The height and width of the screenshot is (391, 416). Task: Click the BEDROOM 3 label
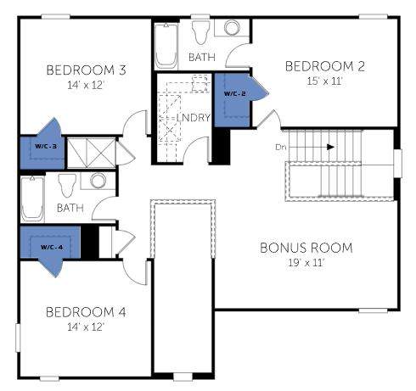[x=86, y=70]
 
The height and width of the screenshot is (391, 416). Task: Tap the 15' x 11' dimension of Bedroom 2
[x=325, y=81]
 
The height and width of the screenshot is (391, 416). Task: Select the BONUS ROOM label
[x=306, y=248]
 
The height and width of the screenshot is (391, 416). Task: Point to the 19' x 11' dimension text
[x=306, y=263]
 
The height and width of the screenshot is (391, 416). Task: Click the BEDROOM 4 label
[x=86, y=312]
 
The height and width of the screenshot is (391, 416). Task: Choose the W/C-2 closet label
[x=234, y=93]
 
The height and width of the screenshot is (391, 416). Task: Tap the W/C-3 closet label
[x=46, y=146]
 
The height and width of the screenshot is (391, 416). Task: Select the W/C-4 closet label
[x=52, y=247]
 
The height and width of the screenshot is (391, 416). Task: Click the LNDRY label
[x=194, y=117]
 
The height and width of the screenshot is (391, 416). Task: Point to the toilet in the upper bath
[x=200, y=32]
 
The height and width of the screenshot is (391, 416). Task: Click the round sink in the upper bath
[x=232, y=27]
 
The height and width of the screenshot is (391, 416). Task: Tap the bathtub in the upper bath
[x=166, y=46]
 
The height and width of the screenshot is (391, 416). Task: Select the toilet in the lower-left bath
[x=67, y=185]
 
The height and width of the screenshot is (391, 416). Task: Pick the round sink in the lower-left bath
[x=98, y=181]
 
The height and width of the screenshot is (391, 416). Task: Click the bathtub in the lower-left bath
[x=32, y=198]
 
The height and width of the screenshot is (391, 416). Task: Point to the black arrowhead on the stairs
[x=331, y=147]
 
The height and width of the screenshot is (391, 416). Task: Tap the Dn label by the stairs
[x=281, y=148]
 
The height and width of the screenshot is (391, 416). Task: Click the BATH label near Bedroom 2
[x=202, y=58]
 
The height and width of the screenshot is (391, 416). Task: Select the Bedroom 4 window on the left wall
[x=18, y=338]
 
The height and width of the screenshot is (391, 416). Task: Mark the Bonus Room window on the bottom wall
[x=373, y=310]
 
